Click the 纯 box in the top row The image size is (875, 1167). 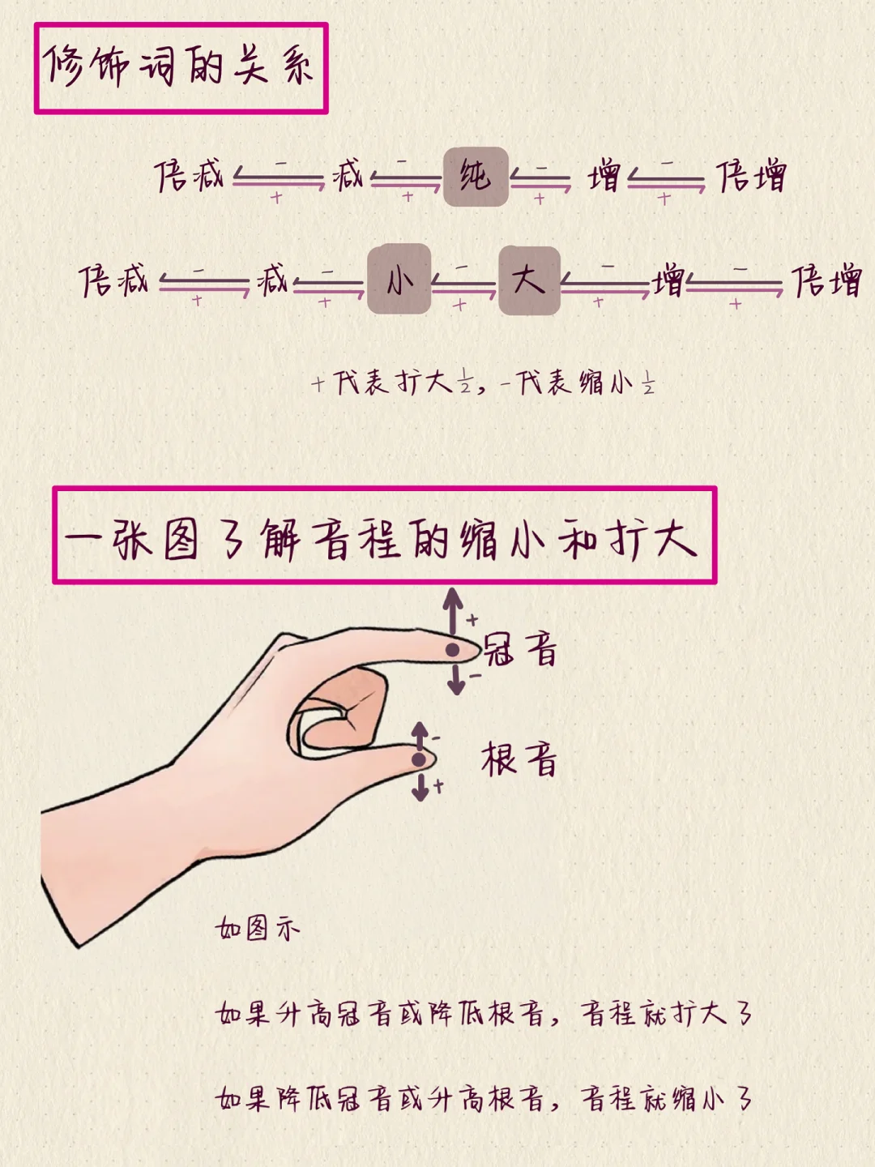pyautogui.click(x=476, y=177)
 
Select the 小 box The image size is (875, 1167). pyautogui.click(x=399, y=279)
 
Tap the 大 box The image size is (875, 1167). pyautogui.click(x=529, y=280)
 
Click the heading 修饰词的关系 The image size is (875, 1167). pyautogui.click(x=180, y=67)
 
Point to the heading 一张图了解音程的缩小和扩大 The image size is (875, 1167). pyautogui.click(x=384, y=536)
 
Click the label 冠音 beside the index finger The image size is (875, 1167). pyautogui.click(x=521, y=650)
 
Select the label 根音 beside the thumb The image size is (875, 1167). pyautogui.click(x=519, y=760)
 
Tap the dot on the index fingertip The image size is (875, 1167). pyautogui.click(x=452, y=650)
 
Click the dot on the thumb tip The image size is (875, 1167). pyautogui.click(x=418, y=759)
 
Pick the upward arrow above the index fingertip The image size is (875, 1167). pyautogui.click(x=453, y=609)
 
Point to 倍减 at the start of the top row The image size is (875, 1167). pyautogui.click(x=189, y=176)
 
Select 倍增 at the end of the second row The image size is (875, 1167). pyautogui.click(x=826, y=281)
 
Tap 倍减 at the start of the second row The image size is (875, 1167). pyautogui.click(x=114, y=280)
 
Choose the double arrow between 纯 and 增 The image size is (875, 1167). pyautogui.click(x=540, y=178)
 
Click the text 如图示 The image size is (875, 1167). pyautogui.click(x=258, y=927)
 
